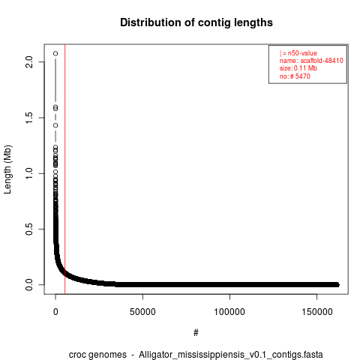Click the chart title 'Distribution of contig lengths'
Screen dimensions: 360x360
tap(196, 22)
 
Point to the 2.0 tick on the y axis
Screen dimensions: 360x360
tap(29, 61)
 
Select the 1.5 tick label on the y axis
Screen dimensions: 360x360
tap(29, 118)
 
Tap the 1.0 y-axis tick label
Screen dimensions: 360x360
tap(29, 173)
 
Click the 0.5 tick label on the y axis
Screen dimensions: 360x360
tap(29, 229)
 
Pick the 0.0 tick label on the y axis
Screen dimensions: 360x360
tap(29, 285)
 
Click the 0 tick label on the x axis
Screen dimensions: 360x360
tap(55, 312)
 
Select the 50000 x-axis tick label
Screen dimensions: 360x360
tap(142, 312)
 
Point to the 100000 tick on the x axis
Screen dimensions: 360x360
tap(229, 312)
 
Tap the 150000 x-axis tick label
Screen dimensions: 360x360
tap(317, 312)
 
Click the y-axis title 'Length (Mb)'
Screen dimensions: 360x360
tap(8, 169)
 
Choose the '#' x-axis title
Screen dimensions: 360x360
tap(196, 333)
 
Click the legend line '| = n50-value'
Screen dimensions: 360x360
tap(298, 53)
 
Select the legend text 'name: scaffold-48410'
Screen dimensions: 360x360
tap(311, 61)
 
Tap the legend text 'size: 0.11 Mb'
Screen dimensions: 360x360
tap(298, 68)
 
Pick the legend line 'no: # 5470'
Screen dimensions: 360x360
tap(295, 76)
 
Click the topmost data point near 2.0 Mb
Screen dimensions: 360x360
tap(55, 53)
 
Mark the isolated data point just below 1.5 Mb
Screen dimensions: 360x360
tap(55, 125)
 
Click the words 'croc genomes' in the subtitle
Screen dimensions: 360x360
tap(97, 355)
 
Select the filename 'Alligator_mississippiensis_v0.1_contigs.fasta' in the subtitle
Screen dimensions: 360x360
tap(231, 355)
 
